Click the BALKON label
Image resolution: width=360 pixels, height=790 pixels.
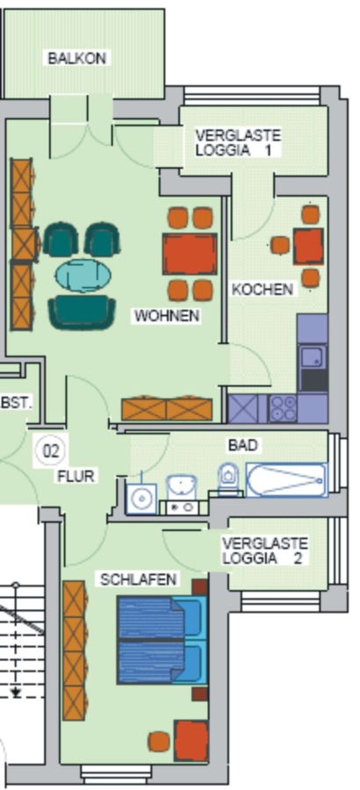[77, 58]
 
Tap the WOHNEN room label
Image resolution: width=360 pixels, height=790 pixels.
[167, 316]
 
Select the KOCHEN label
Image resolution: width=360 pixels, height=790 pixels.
[263, 289]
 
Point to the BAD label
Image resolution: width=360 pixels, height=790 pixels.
[243, 445]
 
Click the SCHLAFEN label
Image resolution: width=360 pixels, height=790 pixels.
[139, 579]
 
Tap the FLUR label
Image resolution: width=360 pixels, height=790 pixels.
[76, 476]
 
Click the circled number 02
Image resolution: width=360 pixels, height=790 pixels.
[51, 450]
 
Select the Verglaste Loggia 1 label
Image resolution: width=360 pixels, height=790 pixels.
[237, 142]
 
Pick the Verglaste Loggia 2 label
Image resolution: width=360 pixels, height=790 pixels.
[264, 550]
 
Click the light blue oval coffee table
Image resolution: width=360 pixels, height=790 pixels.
[83, 275]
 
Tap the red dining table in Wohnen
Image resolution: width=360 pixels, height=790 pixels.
[190, 254]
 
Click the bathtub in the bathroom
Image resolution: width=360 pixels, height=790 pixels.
[286, 480]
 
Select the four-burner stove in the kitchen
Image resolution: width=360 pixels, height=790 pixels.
[283, 408]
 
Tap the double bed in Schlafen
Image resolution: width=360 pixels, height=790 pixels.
[162, 640]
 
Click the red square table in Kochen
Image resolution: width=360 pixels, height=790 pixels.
[308, 247]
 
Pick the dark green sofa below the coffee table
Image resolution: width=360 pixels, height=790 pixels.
[82, 312]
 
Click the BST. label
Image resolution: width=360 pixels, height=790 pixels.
[17, 403]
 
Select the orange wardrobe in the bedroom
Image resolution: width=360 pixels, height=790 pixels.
[74, 650]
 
